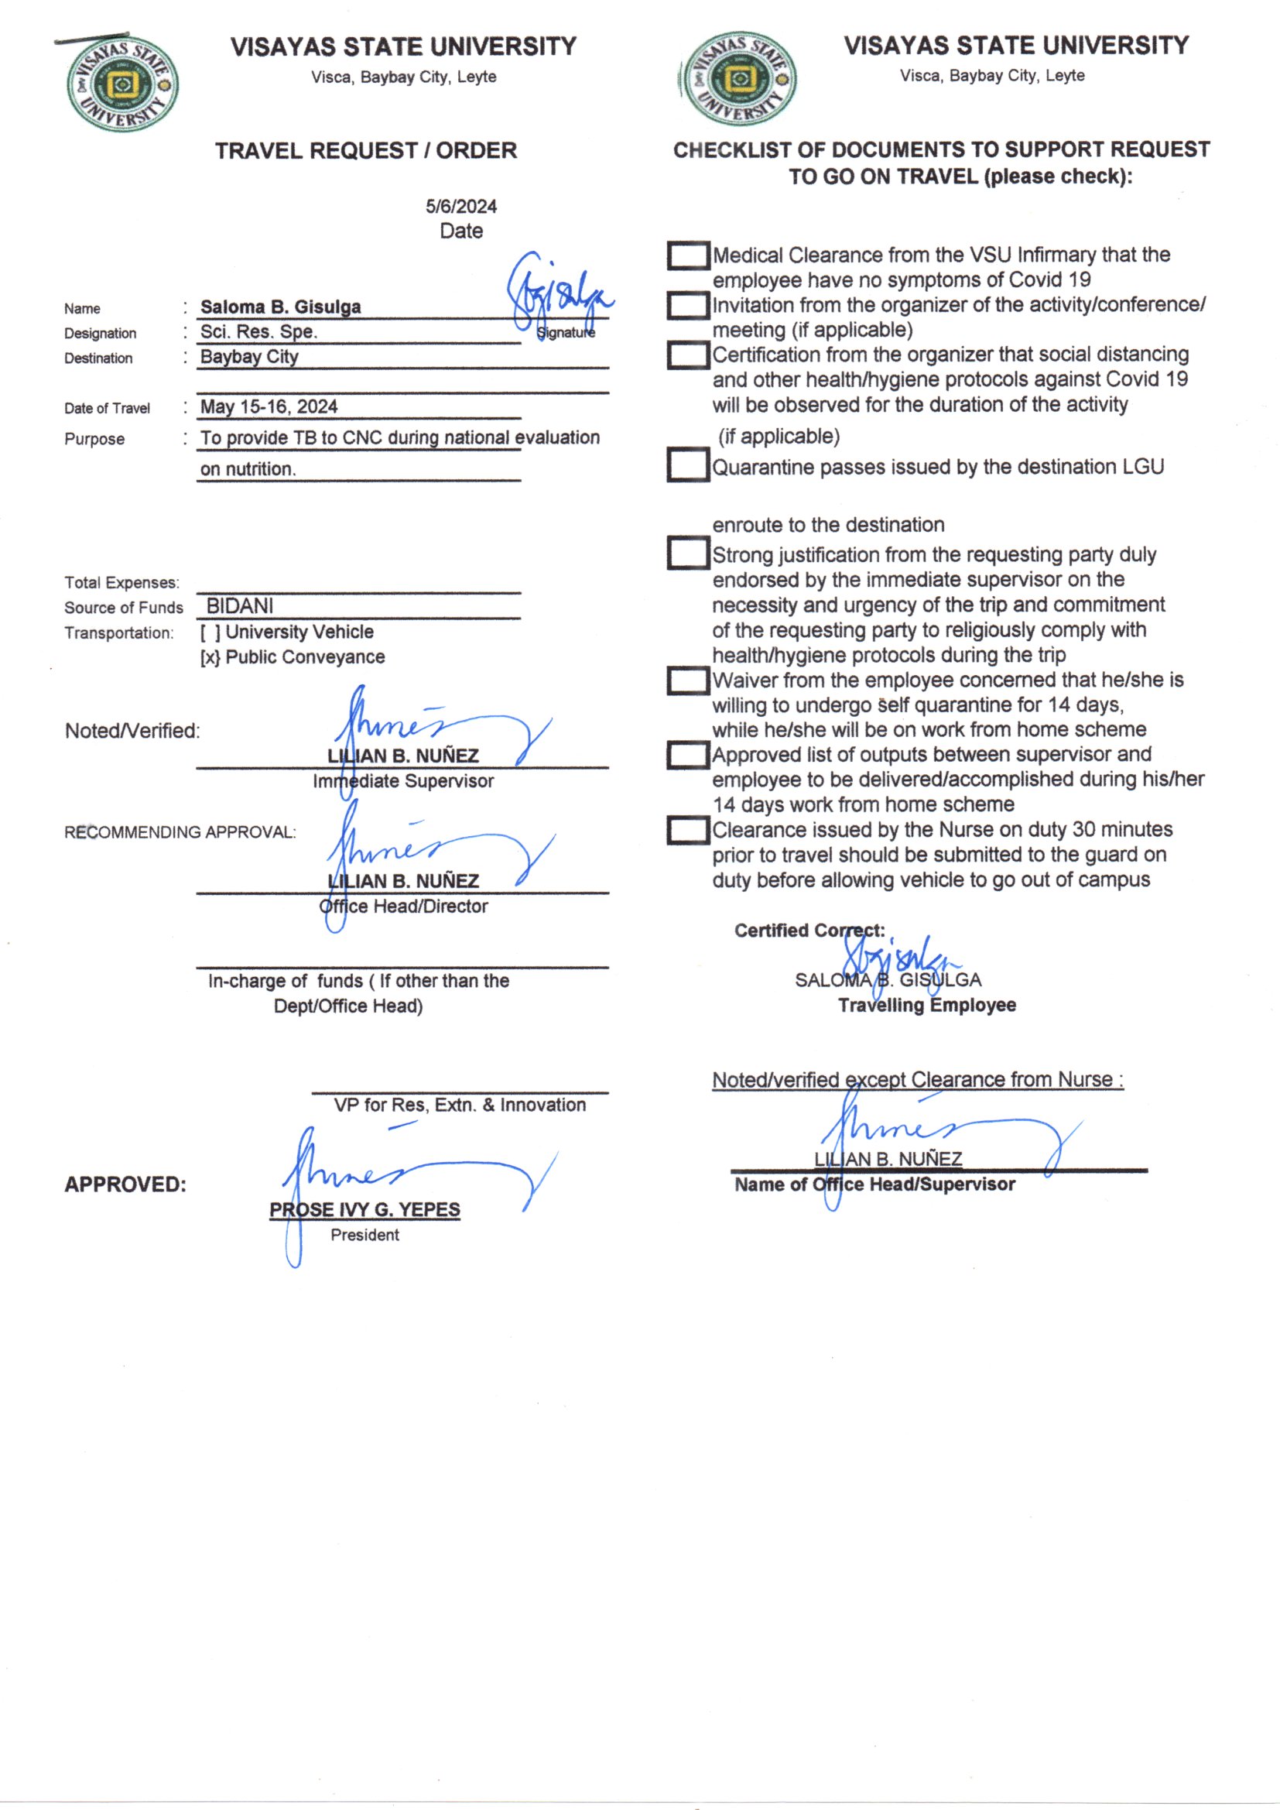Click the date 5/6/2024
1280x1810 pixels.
coord(461,207)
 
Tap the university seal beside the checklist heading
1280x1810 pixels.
coord(738,80)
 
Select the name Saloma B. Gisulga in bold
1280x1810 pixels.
coord(280,307)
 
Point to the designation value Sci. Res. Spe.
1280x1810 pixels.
coord(258,332)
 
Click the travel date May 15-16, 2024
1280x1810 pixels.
coord(269,406)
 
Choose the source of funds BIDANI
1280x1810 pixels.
coord(240,606)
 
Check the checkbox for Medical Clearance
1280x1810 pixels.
coord(688,255)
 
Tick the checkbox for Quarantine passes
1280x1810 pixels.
coord(688,465)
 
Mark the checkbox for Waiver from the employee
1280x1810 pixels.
coord(688,680)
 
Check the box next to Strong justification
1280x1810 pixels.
coord(688,554)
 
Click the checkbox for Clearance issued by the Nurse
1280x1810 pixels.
coord(688,830)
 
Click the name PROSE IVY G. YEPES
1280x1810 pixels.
coord(364,1209)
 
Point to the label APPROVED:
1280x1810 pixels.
coord(125,1184)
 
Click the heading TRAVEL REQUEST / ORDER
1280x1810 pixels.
coord(366,150)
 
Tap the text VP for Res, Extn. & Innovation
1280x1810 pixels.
coord(460,1106)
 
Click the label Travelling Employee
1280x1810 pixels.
coord(926,1005)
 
